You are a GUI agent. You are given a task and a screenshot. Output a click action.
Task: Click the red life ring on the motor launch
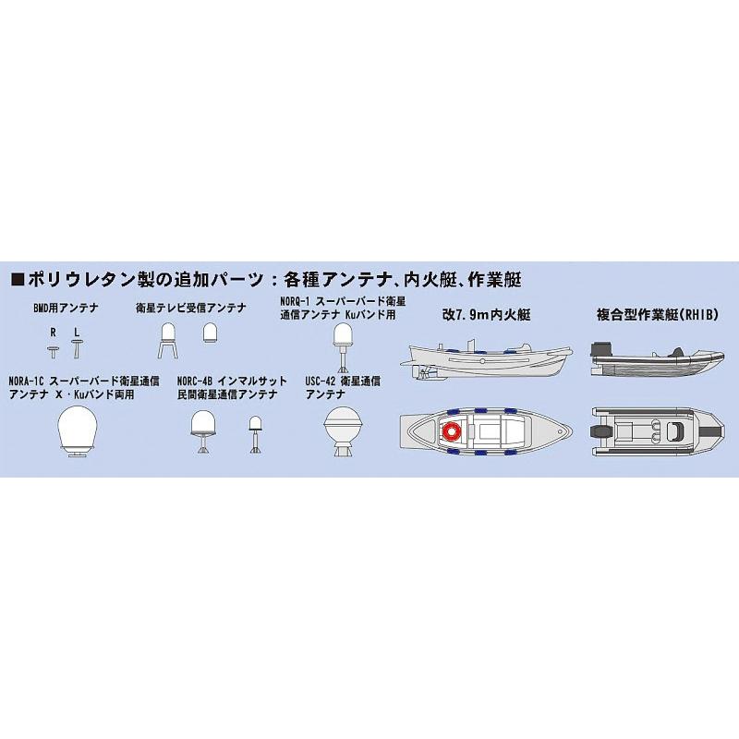pyautogui.click(x=453, y=431)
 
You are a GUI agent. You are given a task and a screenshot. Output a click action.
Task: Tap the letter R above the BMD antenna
pyautogui.click(x=55, y=331)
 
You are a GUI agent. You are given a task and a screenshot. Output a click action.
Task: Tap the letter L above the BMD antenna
pyautogui.click(x=77, y=331)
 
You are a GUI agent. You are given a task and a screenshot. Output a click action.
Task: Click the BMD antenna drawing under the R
pyautogui.click(x=55, y=349)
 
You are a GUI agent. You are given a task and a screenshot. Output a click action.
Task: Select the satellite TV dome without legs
pyautogui.click(x=210, y=333)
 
